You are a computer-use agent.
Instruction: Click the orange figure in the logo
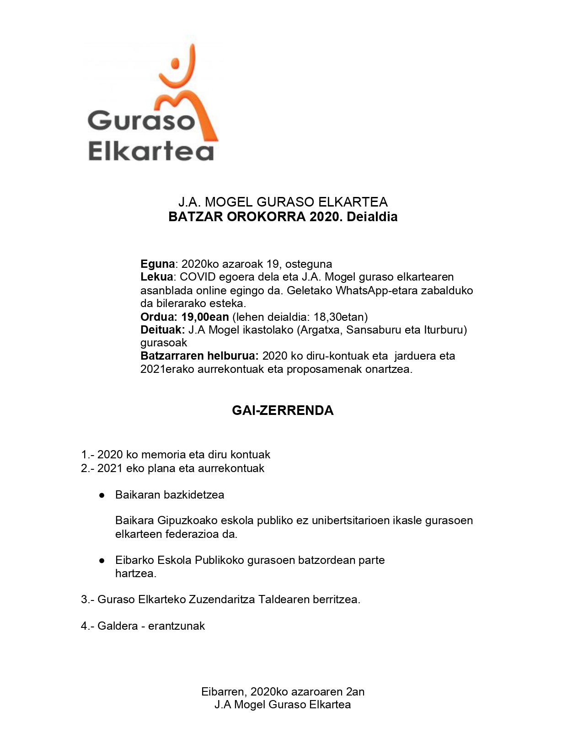click(x=185, y=91)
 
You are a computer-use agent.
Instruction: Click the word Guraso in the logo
click(x=141, y=121)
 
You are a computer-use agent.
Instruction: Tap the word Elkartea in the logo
click(x=151, y=151)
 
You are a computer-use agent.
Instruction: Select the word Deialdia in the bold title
click(x=372, y=217)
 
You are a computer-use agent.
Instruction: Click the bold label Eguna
click(x=157, y=264)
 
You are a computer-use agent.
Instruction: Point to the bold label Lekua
click(x=156, y=277)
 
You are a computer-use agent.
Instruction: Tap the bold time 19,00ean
click(x=205, y=317)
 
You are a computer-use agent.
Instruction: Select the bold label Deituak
click(x=162, y=330)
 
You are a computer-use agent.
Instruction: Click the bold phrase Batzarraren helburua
click(x=199, y=356)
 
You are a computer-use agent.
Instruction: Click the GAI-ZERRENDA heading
click(x=283, y=410)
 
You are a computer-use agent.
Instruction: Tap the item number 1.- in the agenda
click(x=87, y=455)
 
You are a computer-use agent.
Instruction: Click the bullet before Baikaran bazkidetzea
click(x=102, y=495)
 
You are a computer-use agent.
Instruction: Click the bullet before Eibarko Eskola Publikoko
click(x=102, y=560)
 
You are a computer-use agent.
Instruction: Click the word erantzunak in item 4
click(x=177, y=626)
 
